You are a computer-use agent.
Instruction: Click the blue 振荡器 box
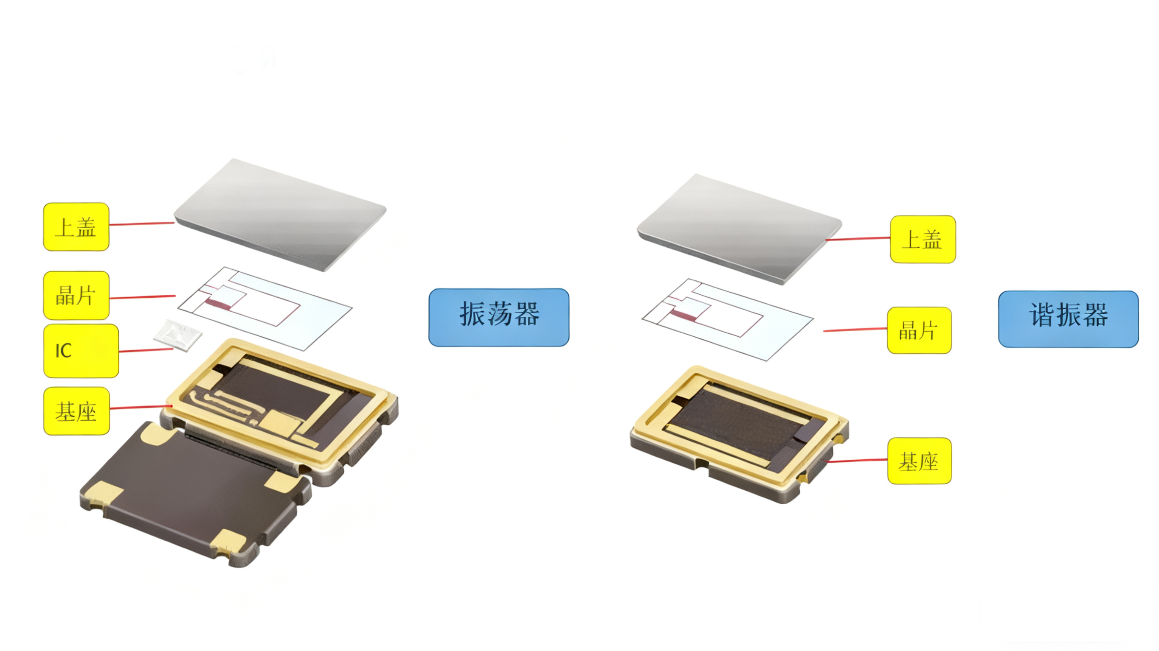(x=498, y=317)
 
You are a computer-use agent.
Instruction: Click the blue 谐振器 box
(x=1068, y=319)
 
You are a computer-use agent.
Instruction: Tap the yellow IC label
(x=81, y=351)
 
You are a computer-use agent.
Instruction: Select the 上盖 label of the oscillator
(x=76, y=226)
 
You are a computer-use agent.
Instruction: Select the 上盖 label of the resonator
(x=923, y=239)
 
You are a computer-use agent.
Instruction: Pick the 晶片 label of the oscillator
(x=76, y=295)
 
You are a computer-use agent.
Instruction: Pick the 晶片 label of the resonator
(x=919, y=330)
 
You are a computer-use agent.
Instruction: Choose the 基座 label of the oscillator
(x=76, y=411)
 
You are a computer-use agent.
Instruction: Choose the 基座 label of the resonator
(x=919, y=461)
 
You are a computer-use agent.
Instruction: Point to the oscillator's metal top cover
(x=280, y=215)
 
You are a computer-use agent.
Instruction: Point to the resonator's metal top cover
(x=739, y=229)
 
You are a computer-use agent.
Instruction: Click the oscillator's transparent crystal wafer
(x=264, y=308)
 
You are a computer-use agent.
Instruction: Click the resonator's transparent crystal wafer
(x=728, y=320)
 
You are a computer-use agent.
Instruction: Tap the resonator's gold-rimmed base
(x=739, y=434)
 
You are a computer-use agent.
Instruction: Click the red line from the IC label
(x=146, y=350)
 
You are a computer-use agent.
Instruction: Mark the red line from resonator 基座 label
(x=857, y=461)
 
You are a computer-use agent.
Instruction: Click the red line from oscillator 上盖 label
(x=142, y=224)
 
